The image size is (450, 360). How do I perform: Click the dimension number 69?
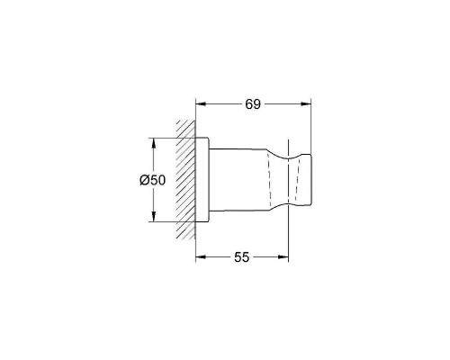pyautogui.click(x=253, y=104)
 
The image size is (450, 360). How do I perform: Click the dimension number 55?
pyautogui.click(x=241, y=257)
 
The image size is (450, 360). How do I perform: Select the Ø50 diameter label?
pyautogui.click(x=153, y=180)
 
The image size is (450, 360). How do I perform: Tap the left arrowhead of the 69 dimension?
pyautogui.click(x=201, y=104)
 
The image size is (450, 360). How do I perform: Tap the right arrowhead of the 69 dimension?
pyautogui.click(x=306, y=104)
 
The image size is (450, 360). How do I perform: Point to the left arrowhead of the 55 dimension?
pyautogui.click(x=201, y=257)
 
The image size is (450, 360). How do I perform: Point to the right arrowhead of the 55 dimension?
pyautogui.click(x=283, y=257)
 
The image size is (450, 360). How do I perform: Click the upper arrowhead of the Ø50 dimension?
pyautogui.click(x=153, y=143)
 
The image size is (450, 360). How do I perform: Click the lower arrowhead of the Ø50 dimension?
pyautogui.click(x=153, y=217)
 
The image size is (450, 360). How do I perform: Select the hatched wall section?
pyautogui.click(x=185, y=180)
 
